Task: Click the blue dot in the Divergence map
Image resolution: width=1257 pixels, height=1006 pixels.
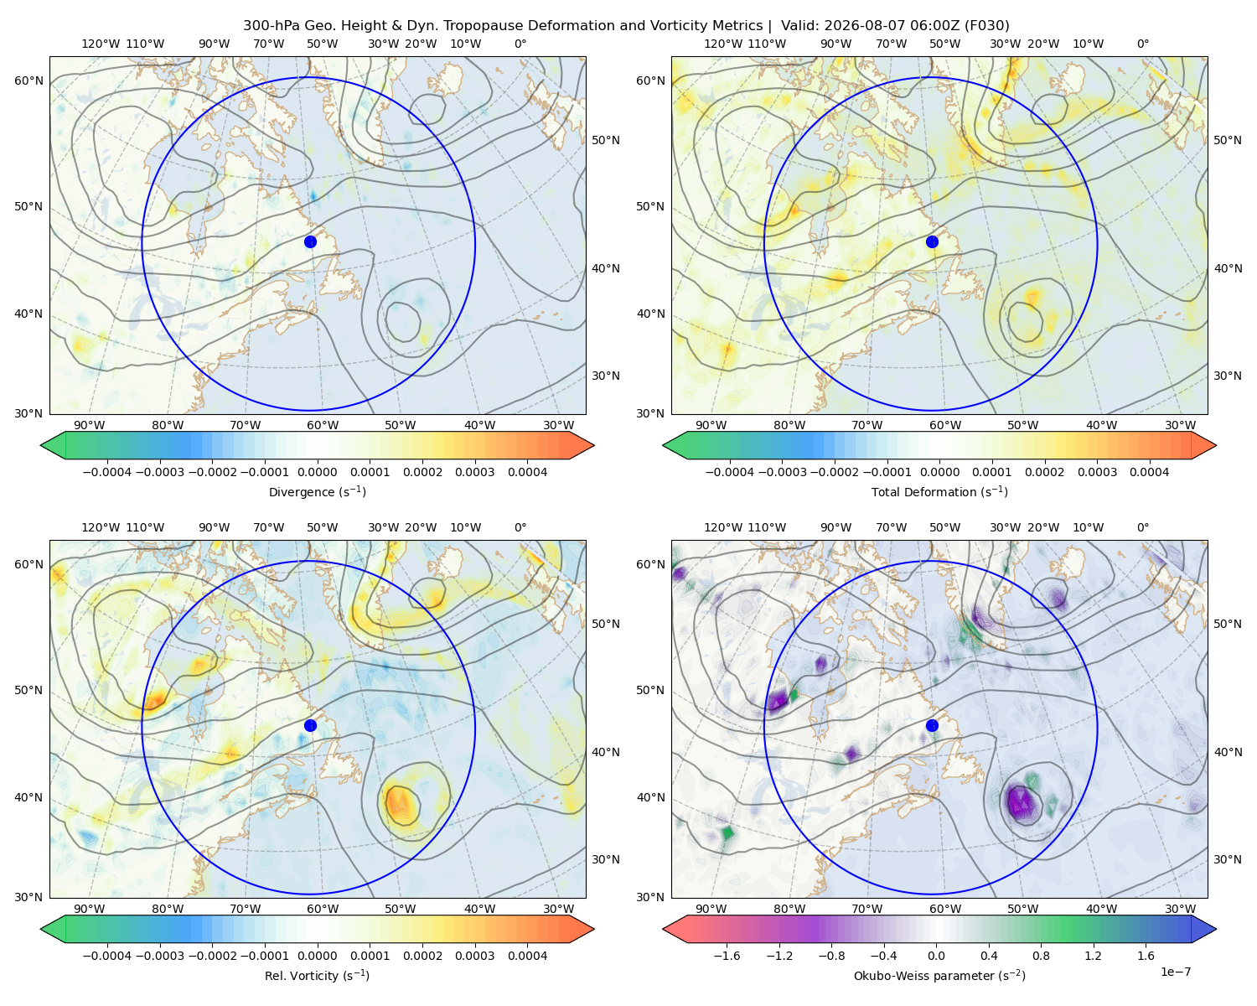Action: [310, 242]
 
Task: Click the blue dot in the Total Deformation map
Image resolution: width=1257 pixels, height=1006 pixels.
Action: [932, 242]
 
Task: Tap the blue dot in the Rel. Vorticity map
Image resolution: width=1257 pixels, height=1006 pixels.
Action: [310, 725]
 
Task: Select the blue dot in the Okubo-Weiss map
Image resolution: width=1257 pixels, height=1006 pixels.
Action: [932, 725]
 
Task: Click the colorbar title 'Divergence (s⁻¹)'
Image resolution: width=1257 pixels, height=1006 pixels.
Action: [317, 491]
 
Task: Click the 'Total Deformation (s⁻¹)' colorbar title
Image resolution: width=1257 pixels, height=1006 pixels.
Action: [939, 491]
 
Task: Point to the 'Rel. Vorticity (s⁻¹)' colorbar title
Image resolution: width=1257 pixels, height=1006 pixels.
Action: [317, 976]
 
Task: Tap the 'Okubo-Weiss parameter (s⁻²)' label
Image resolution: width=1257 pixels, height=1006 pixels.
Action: [939, 976]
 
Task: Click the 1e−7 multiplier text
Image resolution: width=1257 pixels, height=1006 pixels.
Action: [1175, 972]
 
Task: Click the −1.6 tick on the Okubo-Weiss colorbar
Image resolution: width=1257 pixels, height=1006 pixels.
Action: [727, 956]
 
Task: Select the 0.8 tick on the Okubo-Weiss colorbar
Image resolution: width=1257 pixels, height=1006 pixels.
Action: [1041, 956]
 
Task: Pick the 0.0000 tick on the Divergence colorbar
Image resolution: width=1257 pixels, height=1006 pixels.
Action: [317, 472]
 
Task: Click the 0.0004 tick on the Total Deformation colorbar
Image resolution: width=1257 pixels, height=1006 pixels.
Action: [1150, 472]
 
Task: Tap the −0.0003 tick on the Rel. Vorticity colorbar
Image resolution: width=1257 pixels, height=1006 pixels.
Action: [159, 956]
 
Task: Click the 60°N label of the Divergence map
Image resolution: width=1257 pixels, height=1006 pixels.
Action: [28, 80]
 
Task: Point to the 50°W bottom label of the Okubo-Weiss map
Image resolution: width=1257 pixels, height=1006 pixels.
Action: [1022, 909]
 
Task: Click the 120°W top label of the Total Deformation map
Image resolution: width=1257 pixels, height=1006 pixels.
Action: [723, 44]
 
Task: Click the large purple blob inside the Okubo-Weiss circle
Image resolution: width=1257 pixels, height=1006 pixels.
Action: [1021, 802]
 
